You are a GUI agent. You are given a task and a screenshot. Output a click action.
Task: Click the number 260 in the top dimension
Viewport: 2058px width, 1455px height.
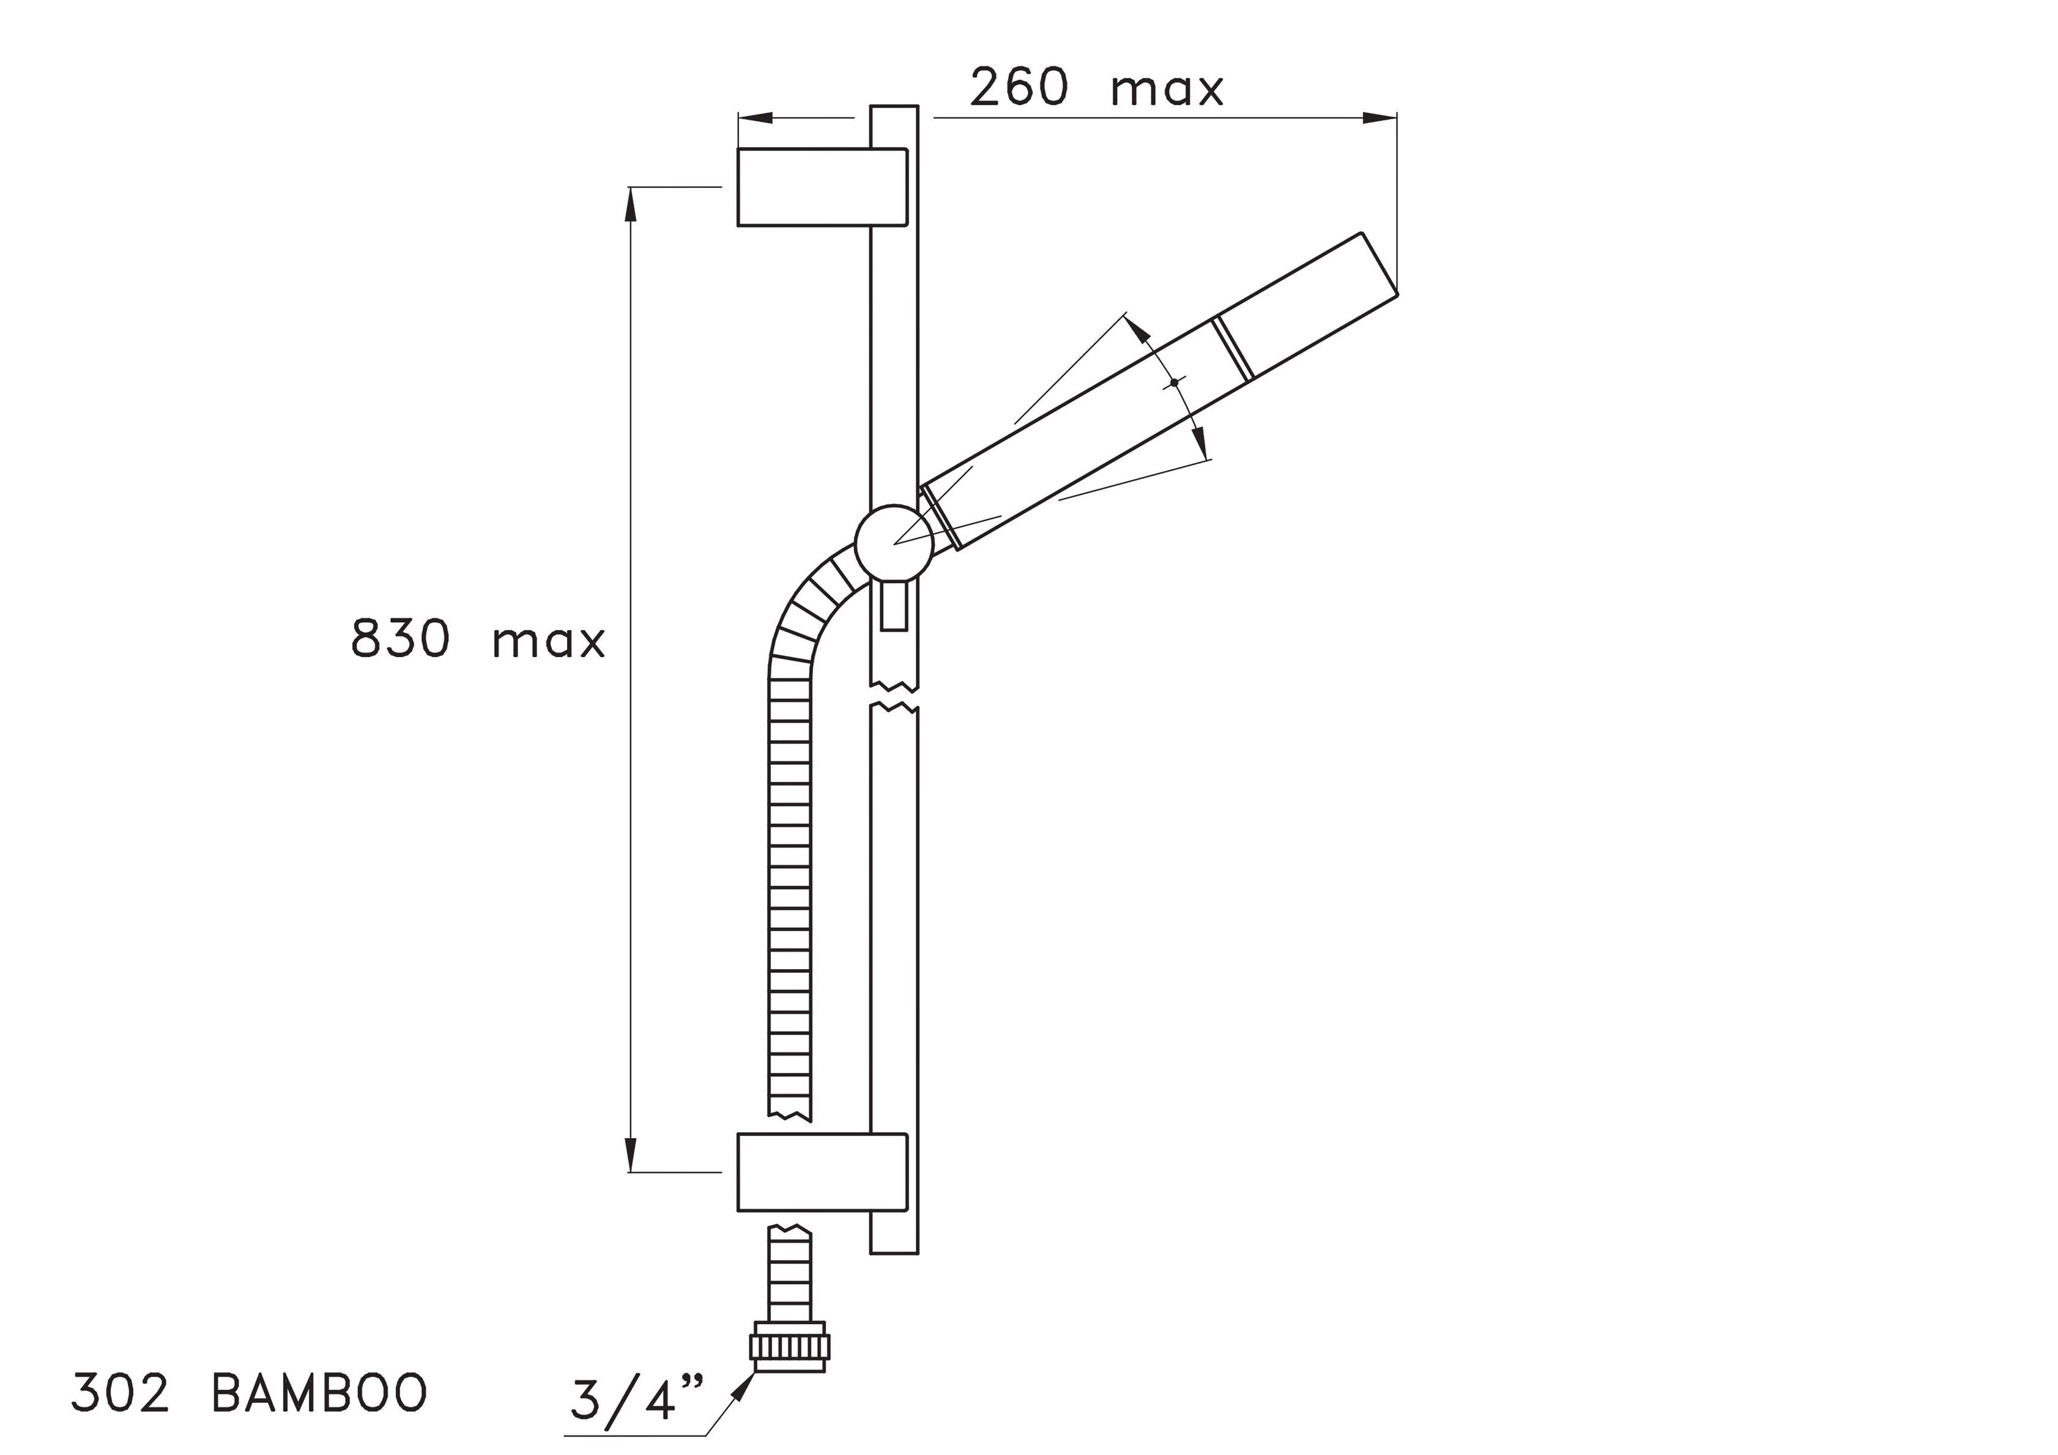click(1019, 88)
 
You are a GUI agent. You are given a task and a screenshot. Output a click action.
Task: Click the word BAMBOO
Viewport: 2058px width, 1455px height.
click(320, 1394)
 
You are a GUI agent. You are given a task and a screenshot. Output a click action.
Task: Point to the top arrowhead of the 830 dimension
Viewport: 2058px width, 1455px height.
click(630, 203)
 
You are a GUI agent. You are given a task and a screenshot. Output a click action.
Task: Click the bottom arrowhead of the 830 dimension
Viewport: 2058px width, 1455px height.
click(630, 1156)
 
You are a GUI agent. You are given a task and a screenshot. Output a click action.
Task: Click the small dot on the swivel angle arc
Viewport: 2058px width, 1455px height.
click(1173, 383)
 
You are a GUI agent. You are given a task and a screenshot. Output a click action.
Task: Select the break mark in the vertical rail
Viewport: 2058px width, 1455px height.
click(894, 698)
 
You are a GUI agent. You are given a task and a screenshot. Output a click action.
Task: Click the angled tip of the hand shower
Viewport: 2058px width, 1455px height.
click(1380, 264)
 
